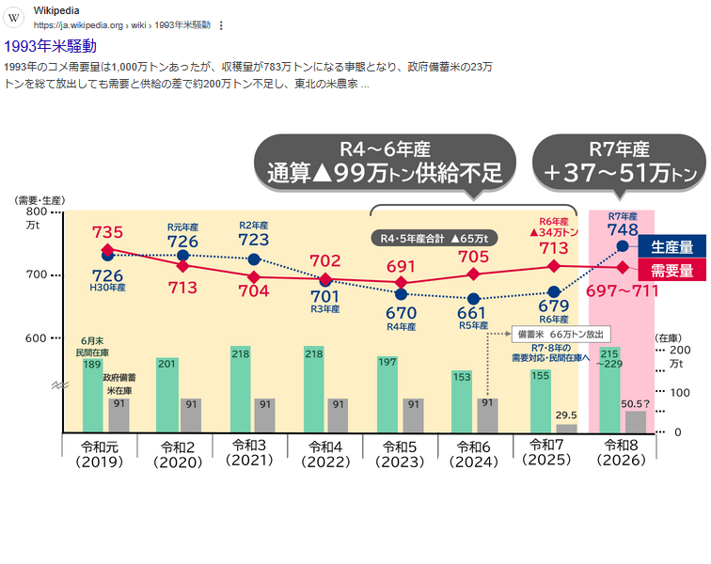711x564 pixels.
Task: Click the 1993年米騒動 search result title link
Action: pyautogui.click(x=51, y=45)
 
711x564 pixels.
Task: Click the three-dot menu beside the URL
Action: pyautogui.click(x=221, y=24)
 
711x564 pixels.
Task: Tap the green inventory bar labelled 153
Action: pyautogui.click(x=461, y=401)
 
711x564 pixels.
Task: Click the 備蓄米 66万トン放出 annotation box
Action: pyautogui.click(x=561, y=333)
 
